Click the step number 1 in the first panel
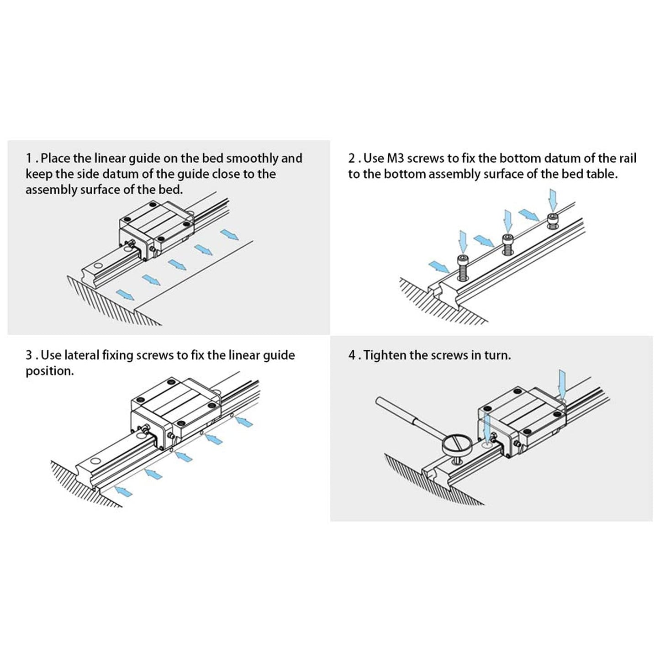pyautogui.click(x=29, y=158)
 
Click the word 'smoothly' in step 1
pyautogui.click(x=252, y=158)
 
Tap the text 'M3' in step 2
pyautogui.click(x=395, y=158)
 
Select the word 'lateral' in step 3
pyautogui.click(x=82, y=355)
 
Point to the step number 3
pyautogui.click(x=29, y=355)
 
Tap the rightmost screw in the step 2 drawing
pyautogui.click(x=553, y=220)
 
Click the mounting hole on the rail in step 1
pyautogui.click(x=97, y=265)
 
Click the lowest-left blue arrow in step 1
pyautogui.click(x=125, y=295)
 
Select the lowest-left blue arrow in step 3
pyautogui.click(x=124, y=491)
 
